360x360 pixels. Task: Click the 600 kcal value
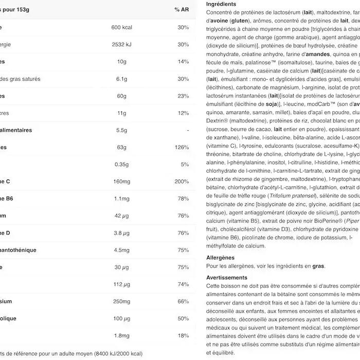click(x=121, y=27)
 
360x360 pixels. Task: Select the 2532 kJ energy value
click(x=121, y=45)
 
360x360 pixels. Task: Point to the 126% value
click(x=183, y=148)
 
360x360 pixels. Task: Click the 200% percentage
click(x=182, y=182)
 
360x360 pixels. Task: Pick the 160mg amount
click(x=121, y=182)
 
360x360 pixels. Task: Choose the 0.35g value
click(x=121, y=165)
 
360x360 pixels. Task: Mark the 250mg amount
click(x=121, y=301)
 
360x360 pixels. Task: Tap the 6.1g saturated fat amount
click(x=121, y=79)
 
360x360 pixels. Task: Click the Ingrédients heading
click(x=221, y=4)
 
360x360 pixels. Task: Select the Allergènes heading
click(x=220, y=258)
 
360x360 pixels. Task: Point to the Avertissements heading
click(x=226, y=278)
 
